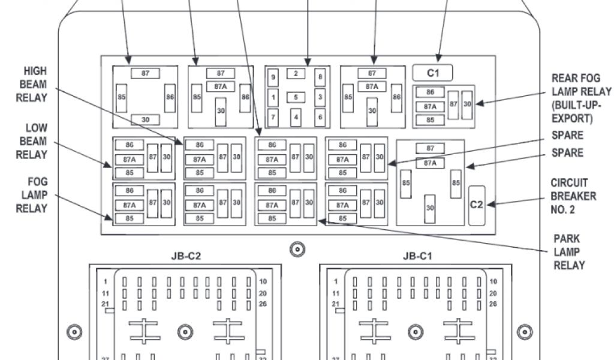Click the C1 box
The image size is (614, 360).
tap(432, 73)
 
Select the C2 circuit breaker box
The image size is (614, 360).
tap(476, 205)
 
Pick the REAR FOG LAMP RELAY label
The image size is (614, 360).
tap(581, 98)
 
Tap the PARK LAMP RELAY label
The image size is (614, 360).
tap(567, 252)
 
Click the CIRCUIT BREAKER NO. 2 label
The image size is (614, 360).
tap(573, 196)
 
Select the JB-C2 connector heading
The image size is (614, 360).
tap(186, 256)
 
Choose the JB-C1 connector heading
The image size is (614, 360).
tap(417, 256)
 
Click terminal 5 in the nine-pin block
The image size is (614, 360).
tap(296, 97)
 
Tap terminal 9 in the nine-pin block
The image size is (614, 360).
tap(273, 77)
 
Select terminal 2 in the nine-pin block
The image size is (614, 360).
tap(296, 74)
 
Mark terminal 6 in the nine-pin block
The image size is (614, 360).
tap(320, 117)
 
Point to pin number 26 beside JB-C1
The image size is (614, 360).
tap(493, 304)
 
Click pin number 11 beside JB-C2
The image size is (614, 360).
tap(106, 293)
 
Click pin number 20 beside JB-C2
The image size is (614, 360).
tap(263, 293)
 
